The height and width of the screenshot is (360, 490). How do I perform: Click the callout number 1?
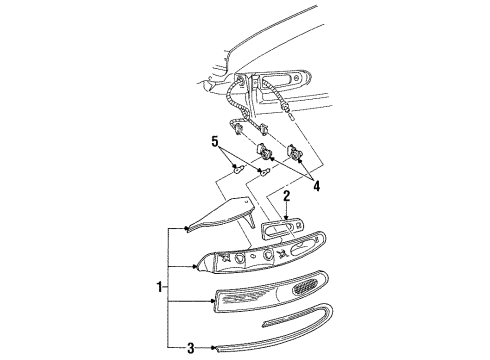160,287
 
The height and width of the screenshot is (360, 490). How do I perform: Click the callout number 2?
287,196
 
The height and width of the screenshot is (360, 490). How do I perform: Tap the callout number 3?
190,348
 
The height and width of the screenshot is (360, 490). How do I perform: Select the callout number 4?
316,186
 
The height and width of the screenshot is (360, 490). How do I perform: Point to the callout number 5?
215,141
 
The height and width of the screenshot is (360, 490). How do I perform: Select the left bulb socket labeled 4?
263,149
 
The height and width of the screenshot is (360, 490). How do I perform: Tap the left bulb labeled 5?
238,169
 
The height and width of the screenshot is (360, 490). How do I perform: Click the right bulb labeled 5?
265,172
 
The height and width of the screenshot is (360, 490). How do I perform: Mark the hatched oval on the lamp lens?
305,287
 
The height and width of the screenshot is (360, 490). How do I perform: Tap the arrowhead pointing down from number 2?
286,218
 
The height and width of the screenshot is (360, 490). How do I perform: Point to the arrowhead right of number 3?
212,348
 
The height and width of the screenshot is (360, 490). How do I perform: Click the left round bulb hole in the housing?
239,257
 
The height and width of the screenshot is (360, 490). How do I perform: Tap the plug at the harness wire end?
291,117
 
